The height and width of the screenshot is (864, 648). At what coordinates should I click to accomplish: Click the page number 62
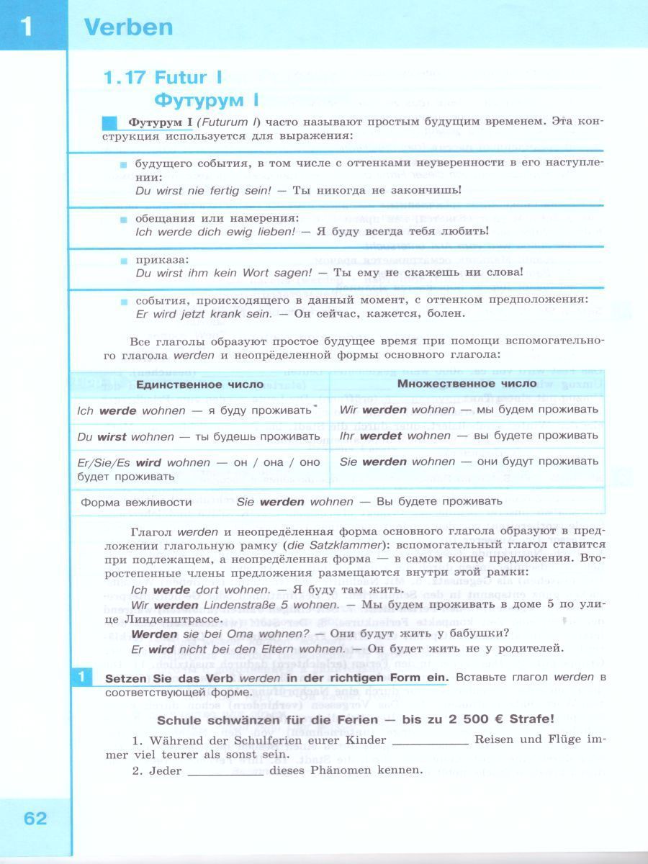coord(35,819)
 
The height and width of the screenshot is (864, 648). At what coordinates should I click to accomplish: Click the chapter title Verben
coord(129,27)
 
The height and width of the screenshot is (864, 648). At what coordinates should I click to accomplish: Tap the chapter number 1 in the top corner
coord(27,27)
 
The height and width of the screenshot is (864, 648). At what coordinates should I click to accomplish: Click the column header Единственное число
coord(199,384)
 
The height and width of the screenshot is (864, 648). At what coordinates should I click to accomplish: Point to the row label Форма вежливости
coord(136,502)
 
